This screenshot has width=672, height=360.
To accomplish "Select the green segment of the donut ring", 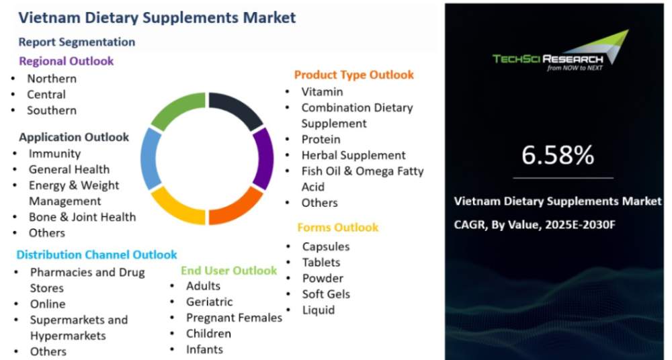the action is [x=177, y=109].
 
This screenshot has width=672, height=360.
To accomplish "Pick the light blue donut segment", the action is [x=149, y=159].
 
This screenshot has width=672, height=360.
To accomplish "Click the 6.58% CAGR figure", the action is [x=558, y=154].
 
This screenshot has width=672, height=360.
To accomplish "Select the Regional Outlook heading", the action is [x=67, y=61].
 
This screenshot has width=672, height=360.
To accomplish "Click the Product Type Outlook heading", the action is [x=354, y=75].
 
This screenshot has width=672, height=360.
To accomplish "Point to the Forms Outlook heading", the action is [x=338, y=227].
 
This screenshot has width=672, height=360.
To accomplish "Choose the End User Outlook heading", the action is [x=229, y=271].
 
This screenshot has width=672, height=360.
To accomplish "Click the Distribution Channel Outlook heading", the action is [x=96, y=255].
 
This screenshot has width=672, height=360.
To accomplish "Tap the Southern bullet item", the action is [x=52, y=110].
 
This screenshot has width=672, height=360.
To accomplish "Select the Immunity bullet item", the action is [x=55, y=153].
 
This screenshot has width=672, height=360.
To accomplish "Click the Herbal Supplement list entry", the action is [x=353, y=155].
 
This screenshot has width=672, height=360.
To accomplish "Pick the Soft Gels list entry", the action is [x=326, y=294].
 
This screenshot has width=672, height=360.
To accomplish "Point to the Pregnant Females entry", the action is [x=234, y=318].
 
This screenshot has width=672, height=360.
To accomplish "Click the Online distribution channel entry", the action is [x=48, y=304].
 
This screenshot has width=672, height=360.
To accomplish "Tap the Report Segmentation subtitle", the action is [x=77, y=42].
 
